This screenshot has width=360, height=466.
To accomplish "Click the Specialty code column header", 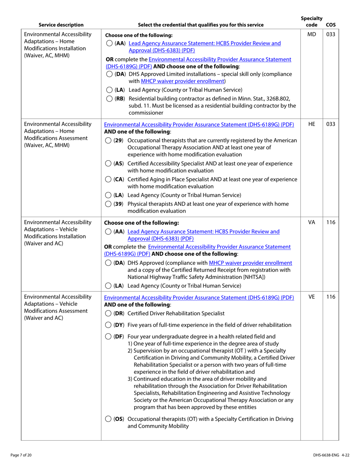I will pyautogui.click(x=311, y=22).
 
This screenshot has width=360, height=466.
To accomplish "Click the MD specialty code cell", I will pyautogui.click(x=311, y=35).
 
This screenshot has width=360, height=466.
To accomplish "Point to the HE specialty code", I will pyautogui.click(x=311, y=124).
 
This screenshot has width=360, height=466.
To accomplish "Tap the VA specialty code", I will pyautogui.click(x=311, y=222).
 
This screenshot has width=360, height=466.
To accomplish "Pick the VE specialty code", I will pyautogui.click(x=311, y=297).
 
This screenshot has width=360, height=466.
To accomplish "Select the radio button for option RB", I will pyautogui.click(x=109, y=99).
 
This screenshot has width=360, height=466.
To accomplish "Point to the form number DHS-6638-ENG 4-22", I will pyautogui.click(x=331, y=455).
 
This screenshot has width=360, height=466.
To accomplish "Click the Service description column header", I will pyautogui.click(x=61, y=25).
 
